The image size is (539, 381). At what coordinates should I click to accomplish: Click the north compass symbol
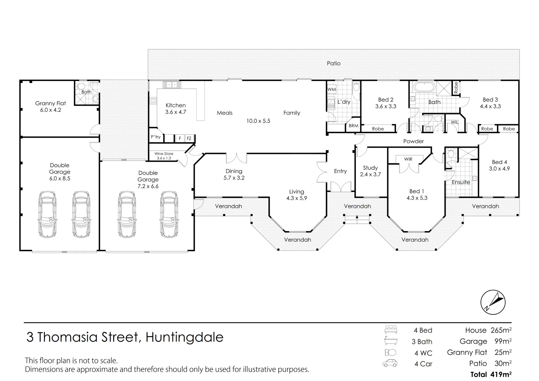coord(493,302)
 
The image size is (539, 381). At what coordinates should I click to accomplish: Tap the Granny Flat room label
coord(51,103)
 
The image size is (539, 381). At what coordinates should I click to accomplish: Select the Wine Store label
coord(164,154)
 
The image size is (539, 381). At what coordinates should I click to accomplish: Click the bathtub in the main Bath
coord(424,87)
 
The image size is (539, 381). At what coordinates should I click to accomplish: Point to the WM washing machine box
coord(331,89)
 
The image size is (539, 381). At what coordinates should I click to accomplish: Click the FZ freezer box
coord(189,138)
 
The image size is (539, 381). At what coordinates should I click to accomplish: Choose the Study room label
coord(370,168)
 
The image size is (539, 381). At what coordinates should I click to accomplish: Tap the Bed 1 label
coord(417,191)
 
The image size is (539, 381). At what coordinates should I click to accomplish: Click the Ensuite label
coord(461,182)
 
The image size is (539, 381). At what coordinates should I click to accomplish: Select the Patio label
coord(334,63)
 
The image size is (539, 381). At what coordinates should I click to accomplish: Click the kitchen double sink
coord(172,85)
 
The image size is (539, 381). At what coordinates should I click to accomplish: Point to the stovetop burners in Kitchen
coord(153,101)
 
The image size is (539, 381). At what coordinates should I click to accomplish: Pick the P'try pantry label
coord(156,137)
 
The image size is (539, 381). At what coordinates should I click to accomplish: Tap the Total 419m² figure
coord(491,374)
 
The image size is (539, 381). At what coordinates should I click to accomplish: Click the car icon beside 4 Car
coord(390,363)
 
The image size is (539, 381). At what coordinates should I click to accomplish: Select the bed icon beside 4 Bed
coord(391,330)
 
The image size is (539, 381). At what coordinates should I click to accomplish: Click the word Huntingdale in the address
coord(185,337)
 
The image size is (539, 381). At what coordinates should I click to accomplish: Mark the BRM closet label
coord(354,126)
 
